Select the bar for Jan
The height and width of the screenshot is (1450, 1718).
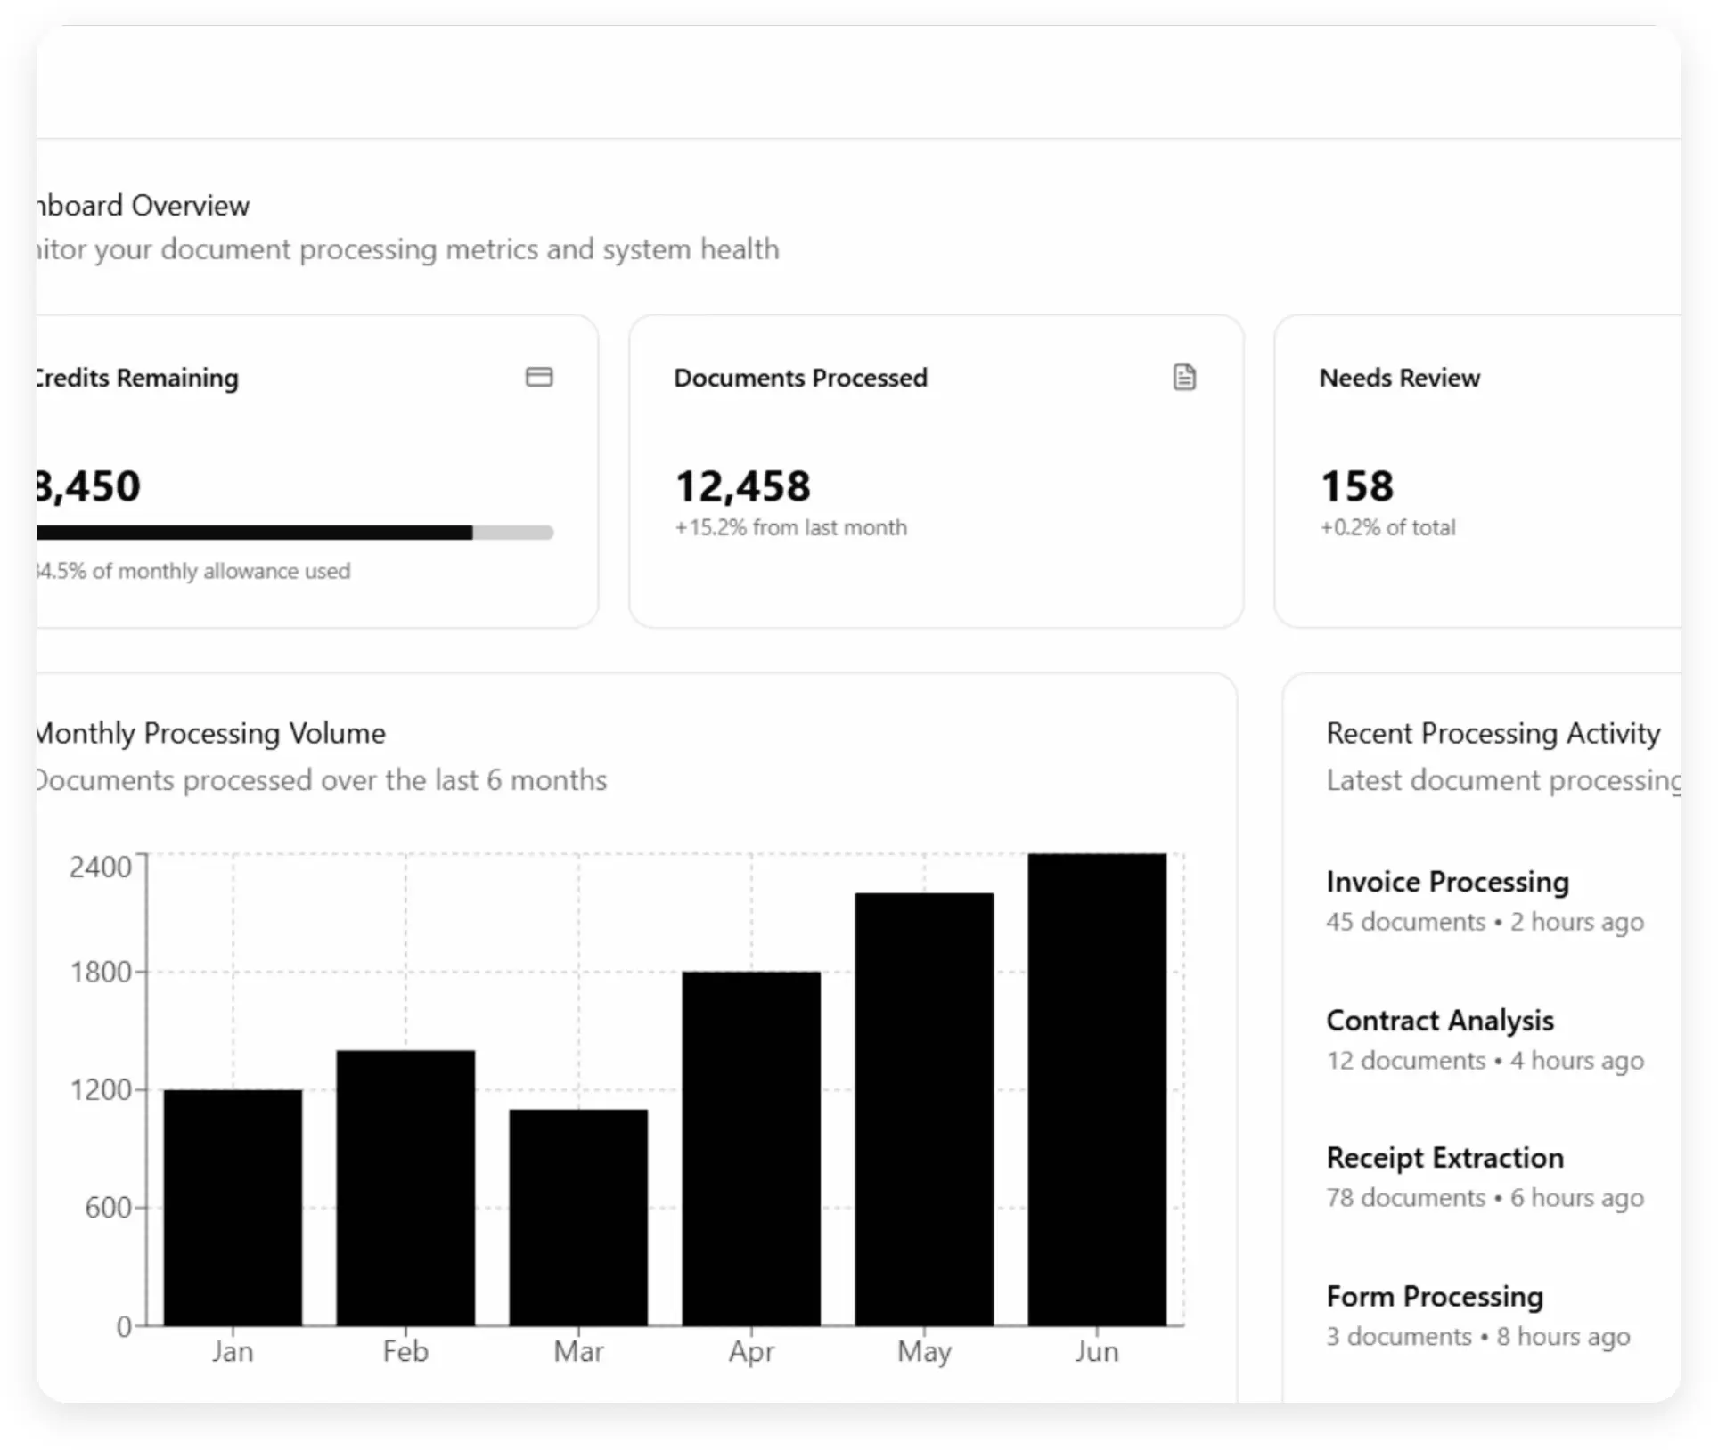[x=233, y=1207]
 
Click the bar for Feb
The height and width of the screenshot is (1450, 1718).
[x=405, y=1187]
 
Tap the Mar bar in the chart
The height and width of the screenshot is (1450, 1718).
[x=578, y=1217]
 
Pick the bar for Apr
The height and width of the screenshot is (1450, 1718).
[x=751, y=1148]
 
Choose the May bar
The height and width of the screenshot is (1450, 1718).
[x=924, y=1109]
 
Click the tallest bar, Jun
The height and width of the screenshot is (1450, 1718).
[x=1097, y=1089]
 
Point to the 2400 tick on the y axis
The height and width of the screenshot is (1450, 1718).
[x=101, y=867]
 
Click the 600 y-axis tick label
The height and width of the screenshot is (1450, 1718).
[x=108, y=1207]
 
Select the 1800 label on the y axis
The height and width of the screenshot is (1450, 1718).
[x=101, y=972]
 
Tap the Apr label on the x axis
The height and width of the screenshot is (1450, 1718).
[x=751, y=1351]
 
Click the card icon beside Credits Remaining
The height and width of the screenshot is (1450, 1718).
[x=539, y=377]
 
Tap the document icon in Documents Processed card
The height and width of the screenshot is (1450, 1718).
[x=1184, y=377]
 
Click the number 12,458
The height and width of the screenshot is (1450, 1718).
[x=742, y=486]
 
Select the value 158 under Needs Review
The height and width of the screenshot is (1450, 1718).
[x=1356, y=486]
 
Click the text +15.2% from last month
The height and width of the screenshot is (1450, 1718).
[x=790, y=527]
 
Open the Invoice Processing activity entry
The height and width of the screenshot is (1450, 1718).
[x=1447, y=882]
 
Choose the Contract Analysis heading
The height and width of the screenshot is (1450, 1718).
[x=1439, y=1020]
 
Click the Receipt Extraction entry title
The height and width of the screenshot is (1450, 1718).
[x=1444, y=1157]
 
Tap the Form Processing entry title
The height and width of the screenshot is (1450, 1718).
[x=1434, y=1296]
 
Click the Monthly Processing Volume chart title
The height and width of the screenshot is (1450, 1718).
[x=211, y=733]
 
